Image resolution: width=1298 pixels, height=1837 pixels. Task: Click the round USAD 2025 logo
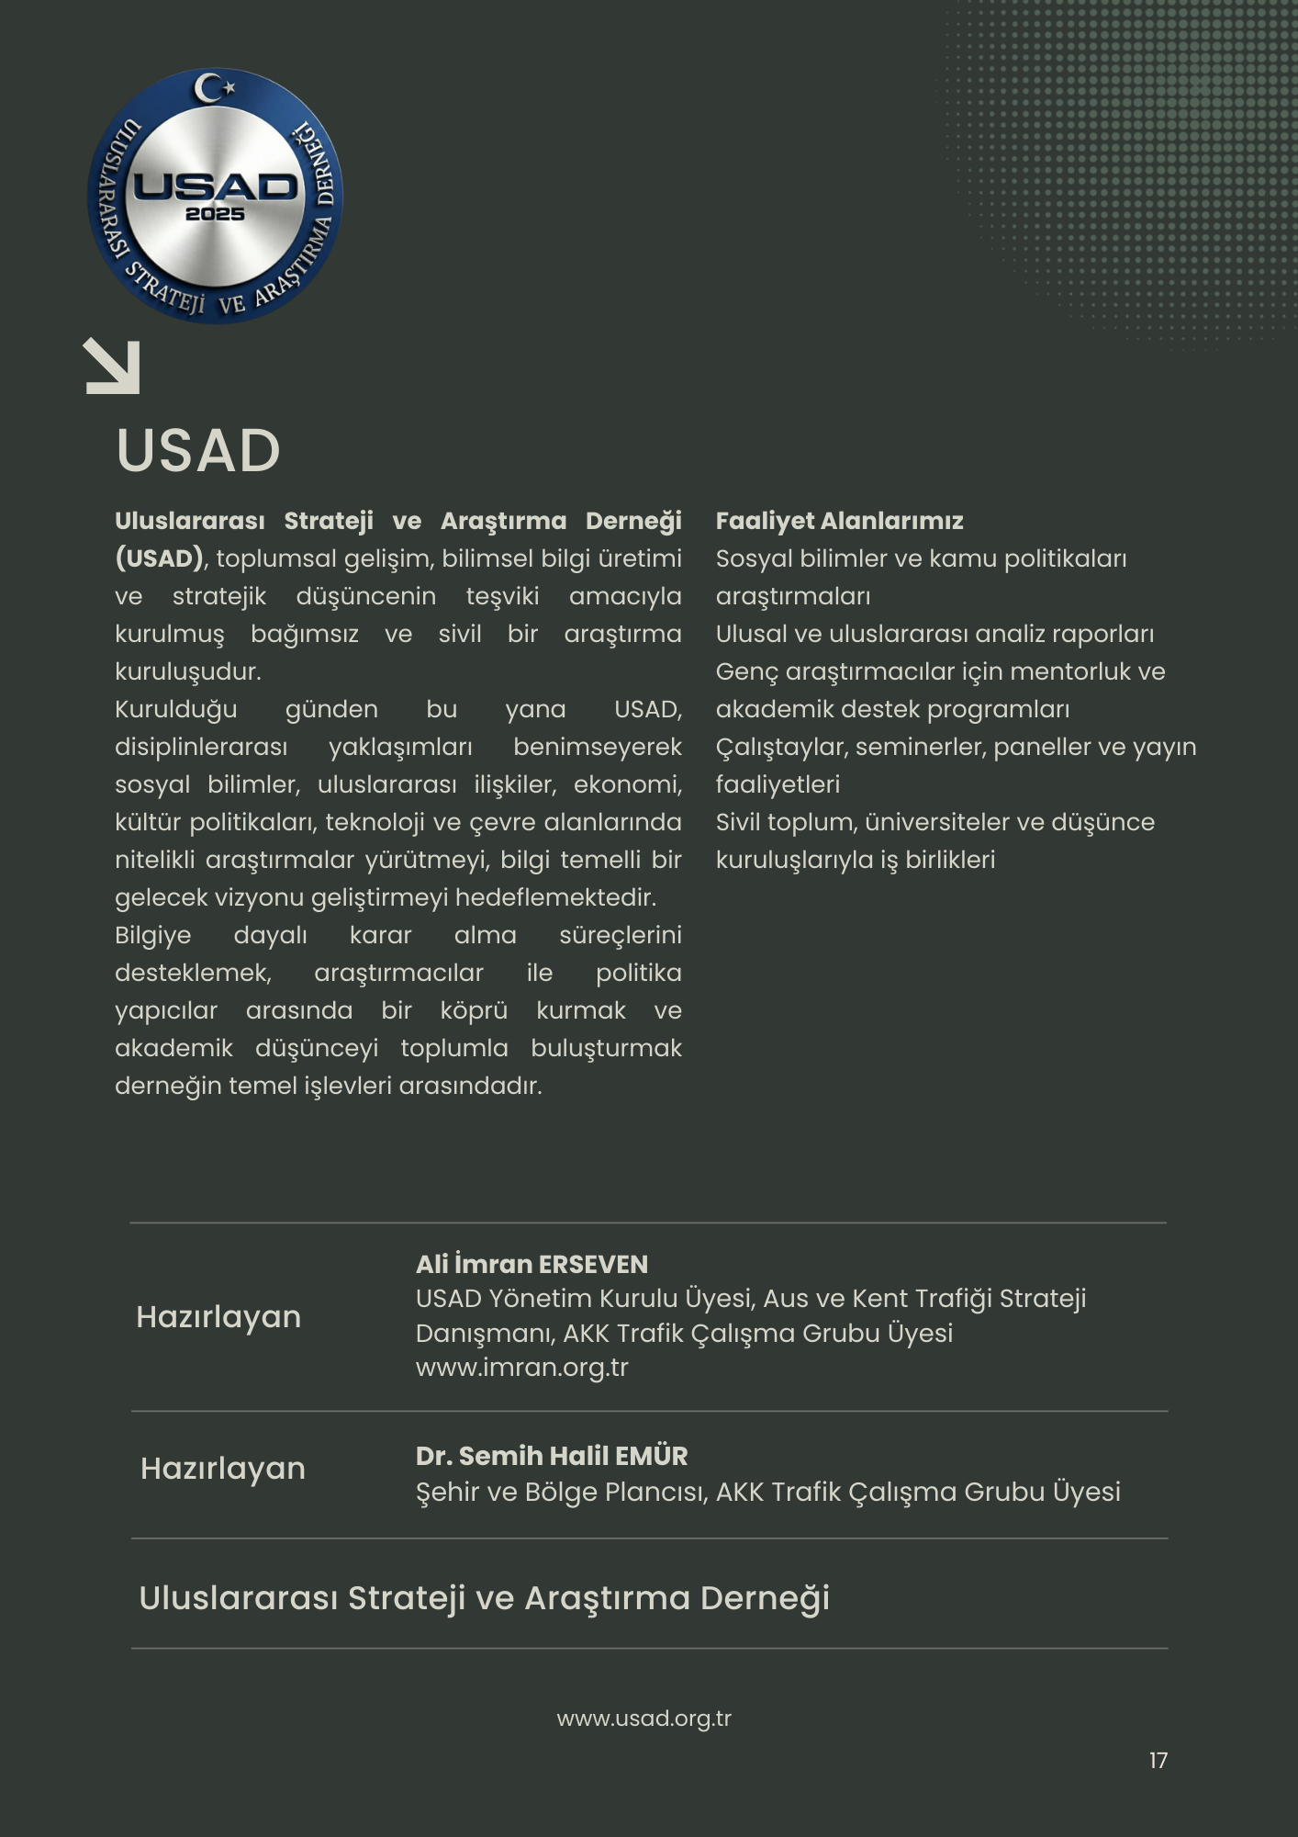coord(215,196)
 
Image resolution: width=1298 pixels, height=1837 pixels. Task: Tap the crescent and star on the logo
coord(215,88)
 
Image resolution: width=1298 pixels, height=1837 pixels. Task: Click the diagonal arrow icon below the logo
coord(112,366)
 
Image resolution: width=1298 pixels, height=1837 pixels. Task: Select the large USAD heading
coord(198,450)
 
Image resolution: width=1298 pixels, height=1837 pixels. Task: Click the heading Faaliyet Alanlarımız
coord(839,521)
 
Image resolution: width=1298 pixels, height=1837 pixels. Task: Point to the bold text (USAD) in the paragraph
coord(159,558)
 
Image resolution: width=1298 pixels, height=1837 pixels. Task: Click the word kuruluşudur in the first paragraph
coord(187,671)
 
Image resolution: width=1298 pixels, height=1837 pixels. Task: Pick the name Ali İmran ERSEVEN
coord(532,1264)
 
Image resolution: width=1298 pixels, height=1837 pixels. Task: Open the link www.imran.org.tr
coord(521,1367)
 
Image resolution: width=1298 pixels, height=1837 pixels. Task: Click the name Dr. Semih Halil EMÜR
coord(551,1456)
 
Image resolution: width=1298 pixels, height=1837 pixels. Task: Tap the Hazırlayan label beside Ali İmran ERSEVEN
coord(218,1317)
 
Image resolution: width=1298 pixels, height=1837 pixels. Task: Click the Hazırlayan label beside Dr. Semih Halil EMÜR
coord(222,1469)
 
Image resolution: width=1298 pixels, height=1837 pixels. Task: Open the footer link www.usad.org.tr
coord(643,1719)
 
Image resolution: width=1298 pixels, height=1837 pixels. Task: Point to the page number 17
coord(1158,1760)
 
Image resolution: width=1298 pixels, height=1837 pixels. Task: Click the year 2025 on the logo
coord(215,214)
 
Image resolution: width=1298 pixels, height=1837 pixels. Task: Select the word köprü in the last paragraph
coord(474,1010)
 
